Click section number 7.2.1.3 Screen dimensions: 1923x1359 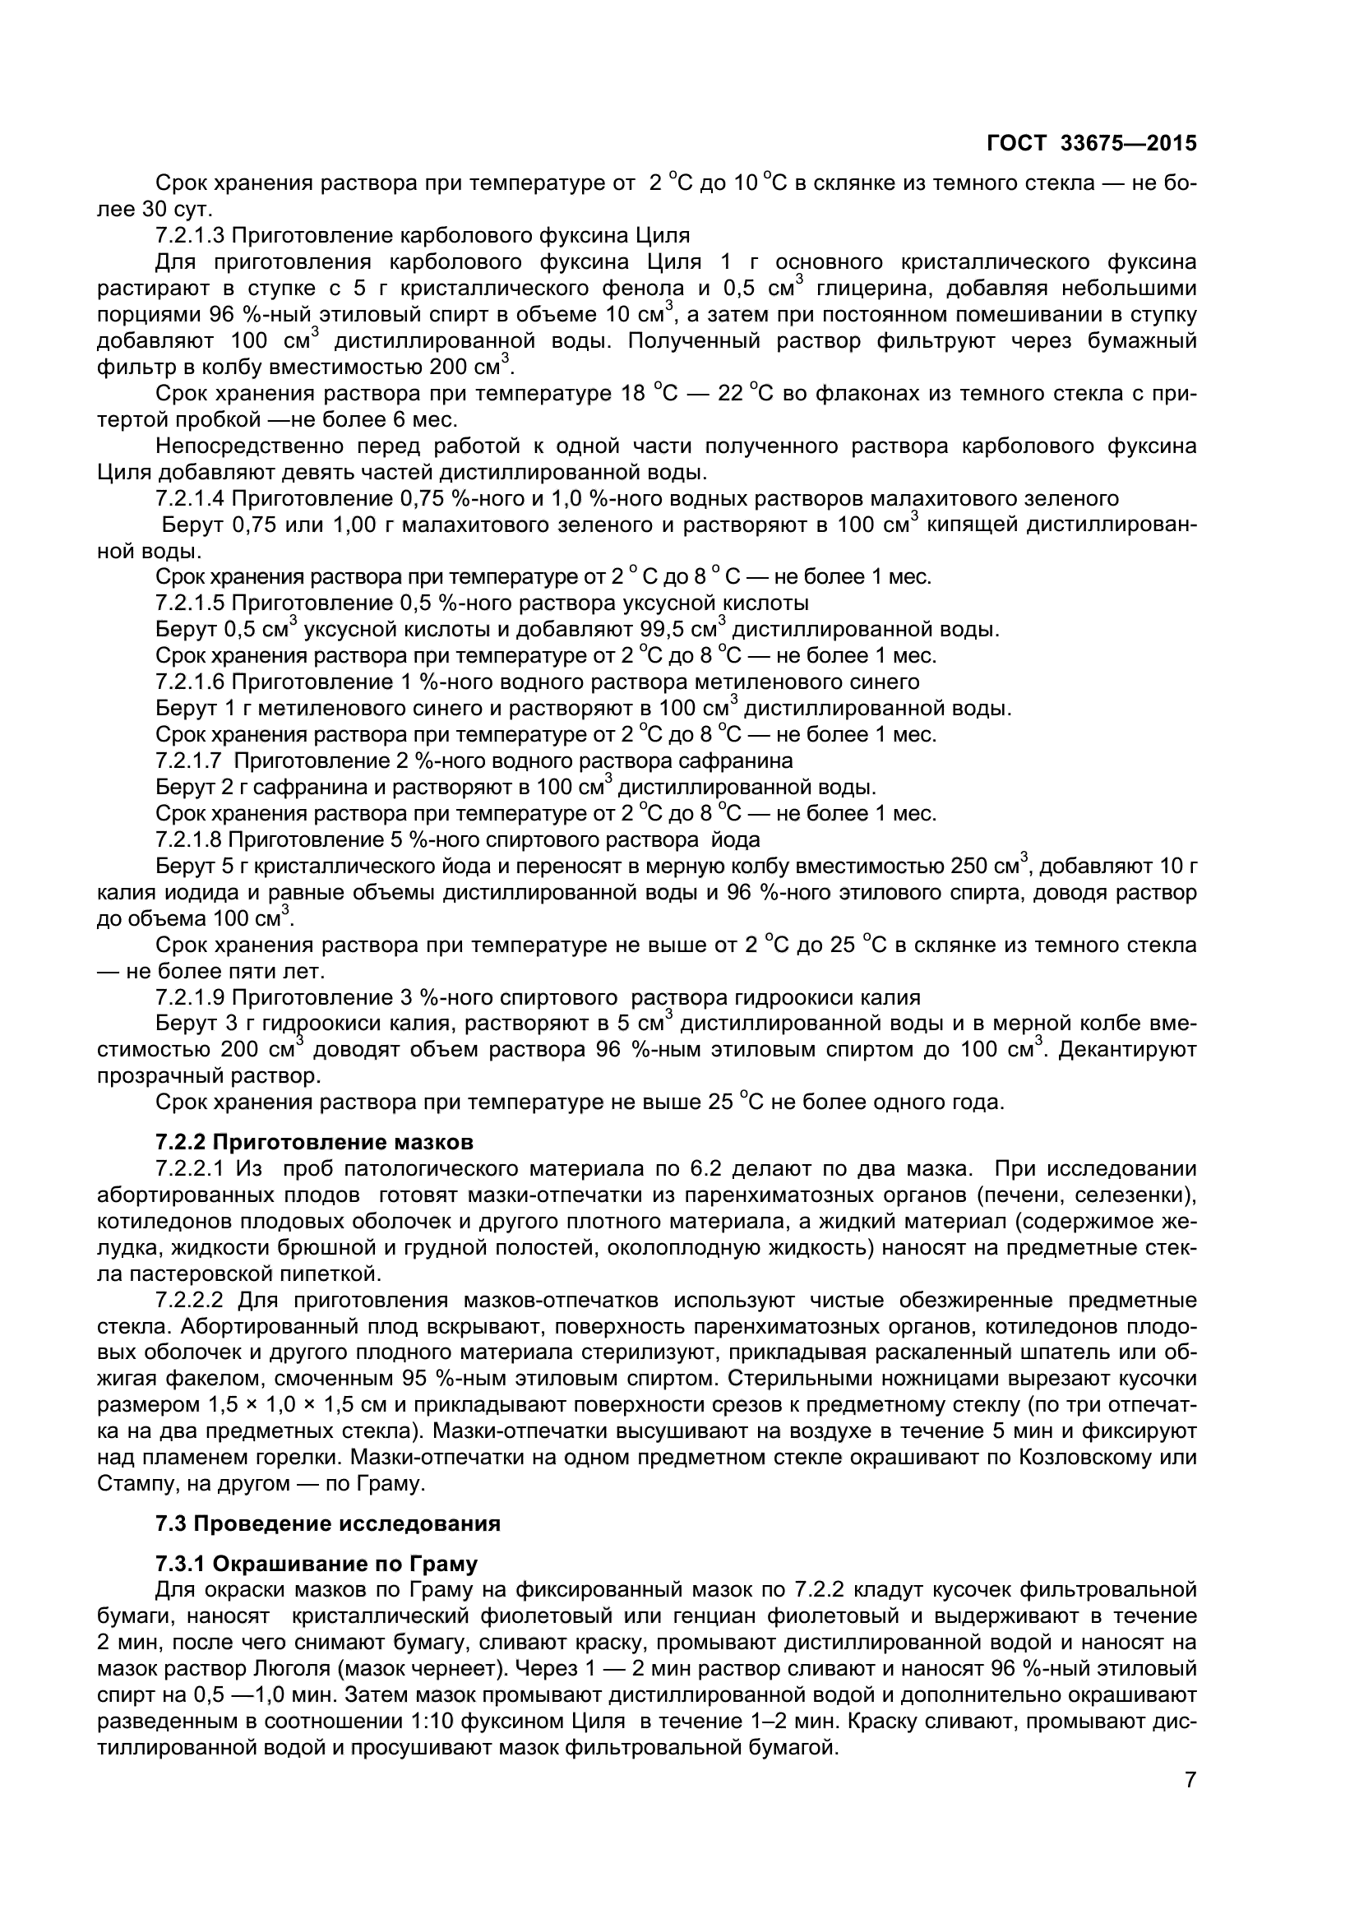pos(189,235)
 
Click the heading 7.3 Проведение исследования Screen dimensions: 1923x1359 pos(327,1523)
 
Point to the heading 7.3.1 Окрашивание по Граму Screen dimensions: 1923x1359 pos(317,1564)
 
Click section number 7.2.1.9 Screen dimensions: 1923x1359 pos(189,997)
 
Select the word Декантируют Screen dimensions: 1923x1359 pos(1127,1049)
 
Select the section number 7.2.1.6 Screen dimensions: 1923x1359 pos(189,682)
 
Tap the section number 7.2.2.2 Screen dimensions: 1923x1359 pos(189,1301)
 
